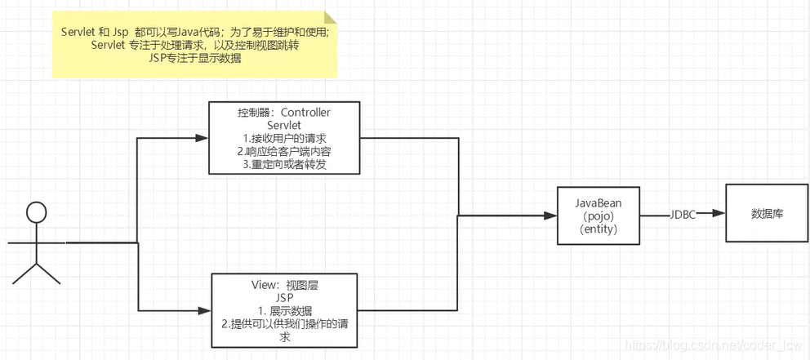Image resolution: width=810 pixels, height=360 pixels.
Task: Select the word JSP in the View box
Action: click(285, 297)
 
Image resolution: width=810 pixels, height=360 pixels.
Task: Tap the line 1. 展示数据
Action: click(285, 310)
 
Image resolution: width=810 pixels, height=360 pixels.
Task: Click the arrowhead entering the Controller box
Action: click(202, 137)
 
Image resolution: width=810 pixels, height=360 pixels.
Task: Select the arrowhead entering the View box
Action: click(206, 310)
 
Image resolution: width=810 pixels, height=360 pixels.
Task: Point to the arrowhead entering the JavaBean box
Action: click(551, 216)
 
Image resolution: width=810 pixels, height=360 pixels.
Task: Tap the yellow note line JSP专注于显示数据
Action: click(196, 58)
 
